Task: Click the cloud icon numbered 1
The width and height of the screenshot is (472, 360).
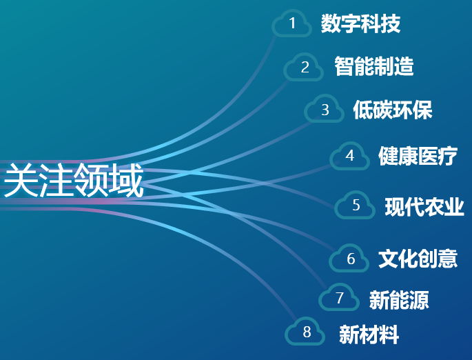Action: pyautogui.click(x=291, y=23)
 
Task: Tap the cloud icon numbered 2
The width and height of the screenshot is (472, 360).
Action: pyautogui.click(x=303, y=67)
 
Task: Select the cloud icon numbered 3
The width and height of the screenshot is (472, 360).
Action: pyautogui.click(x=324, y=109)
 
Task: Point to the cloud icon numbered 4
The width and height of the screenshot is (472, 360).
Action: pyautogui.click(x=349, y=156)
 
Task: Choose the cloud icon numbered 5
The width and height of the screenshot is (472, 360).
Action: pyautogui.click(x=355, y=205)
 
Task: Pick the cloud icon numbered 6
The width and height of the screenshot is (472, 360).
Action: pyautogui.click(x=349, y=258)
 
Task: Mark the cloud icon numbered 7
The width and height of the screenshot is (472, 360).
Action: pyautogui.click(x=339, y=297)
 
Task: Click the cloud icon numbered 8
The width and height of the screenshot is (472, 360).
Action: pyautogui.click(x=305, y=332)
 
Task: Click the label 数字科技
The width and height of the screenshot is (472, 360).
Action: pyautogui.click(x=360, y=23)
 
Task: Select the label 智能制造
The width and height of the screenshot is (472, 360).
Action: pyautogui.click(x=374, y=66)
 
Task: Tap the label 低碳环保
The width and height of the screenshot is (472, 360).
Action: pyautogui.click(x=393, y=110)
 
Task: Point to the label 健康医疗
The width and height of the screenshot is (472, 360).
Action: pyautogui.click(x=418, y=156)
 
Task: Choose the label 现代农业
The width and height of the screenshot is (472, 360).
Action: pyautogui.click(x=424, y=206)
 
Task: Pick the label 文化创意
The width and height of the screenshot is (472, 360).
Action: pyautogui.click(x=418, y=259)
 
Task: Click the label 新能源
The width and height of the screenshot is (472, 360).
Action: pyautogui.click(x=399, y=300)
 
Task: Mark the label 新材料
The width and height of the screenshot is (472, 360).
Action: pyautogui.click(x=369, y=334)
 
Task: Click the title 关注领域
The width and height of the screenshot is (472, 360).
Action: pyautogui.click(x=73, y=180)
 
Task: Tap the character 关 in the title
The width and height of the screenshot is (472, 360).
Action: pyautogui.click(x=21, y=180)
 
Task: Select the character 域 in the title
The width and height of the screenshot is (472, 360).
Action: pyautogui.click(x=126, y=180)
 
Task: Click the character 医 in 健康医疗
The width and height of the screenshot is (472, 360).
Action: pyautogui.click(x=428, y=156)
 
